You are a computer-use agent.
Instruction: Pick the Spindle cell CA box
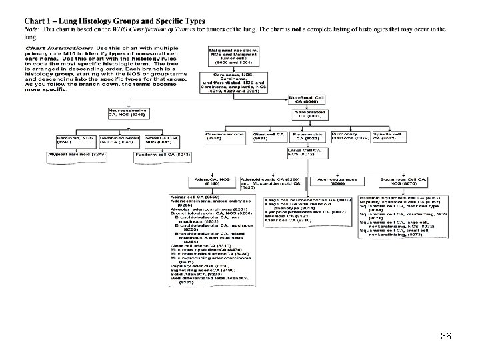pyautogui.click(x=387, y=137)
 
